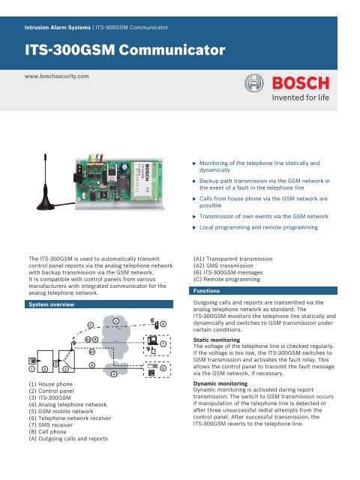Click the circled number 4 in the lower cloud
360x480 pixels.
tap(112, 373)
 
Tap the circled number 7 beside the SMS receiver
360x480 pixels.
tap(163, 343)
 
